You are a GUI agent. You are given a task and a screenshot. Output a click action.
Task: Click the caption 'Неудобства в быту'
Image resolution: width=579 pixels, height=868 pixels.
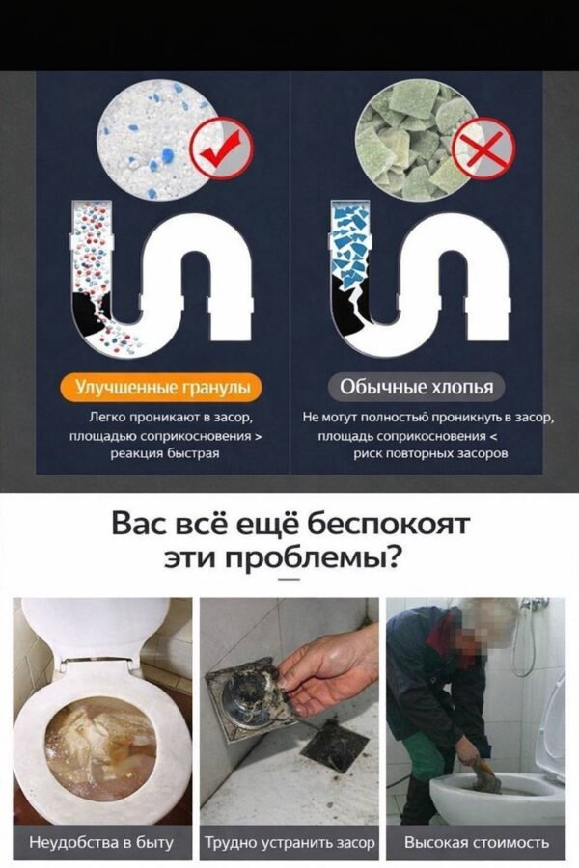pyautogui.click(x=100, y=842)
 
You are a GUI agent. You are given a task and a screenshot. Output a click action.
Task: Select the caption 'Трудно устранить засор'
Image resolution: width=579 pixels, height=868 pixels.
pyautogui.click(x=289, y=842)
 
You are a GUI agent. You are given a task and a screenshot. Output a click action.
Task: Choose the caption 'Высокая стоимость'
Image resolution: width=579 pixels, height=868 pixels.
pyautogui.click(x=477, y=842)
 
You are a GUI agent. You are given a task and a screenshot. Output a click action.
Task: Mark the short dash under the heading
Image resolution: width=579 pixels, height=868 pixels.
pyautogui.click(x=289, y=582)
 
